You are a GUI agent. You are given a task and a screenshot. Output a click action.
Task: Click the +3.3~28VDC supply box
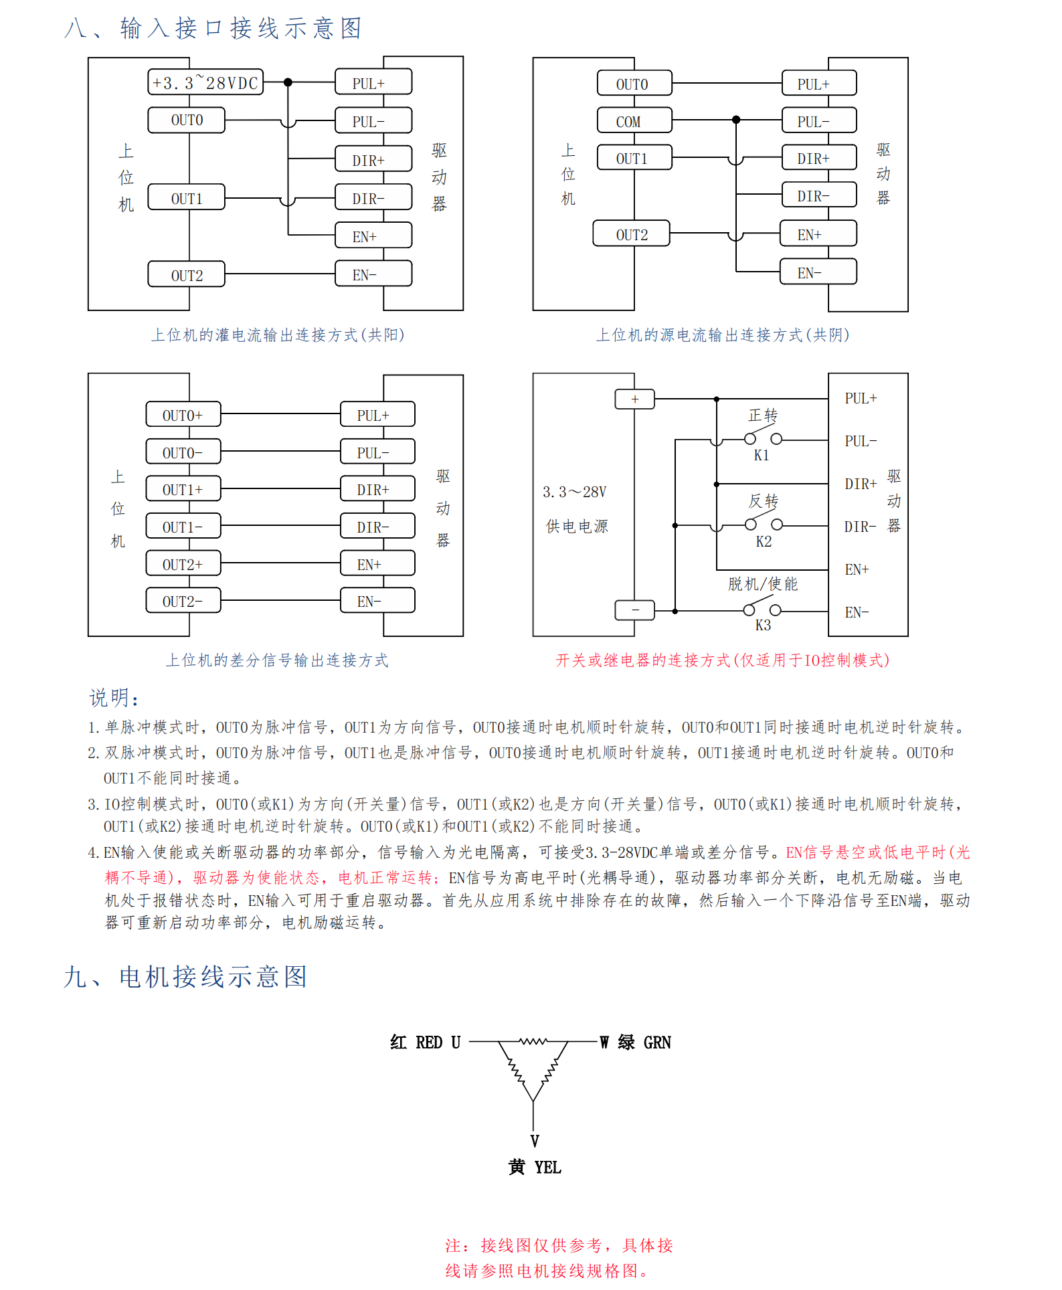coord(205,82)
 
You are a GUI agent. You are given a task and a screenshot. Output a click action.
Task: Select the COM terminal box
coord(634,121)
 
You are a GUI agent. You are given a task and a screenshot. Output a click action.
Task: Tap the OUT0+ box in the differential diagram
coord(183,415)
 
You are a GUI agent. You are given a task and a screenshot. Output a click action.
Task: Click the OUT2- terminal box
coord(183,601)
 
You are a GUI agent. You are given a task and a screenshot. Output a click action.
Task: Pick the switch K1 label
coord(762,456)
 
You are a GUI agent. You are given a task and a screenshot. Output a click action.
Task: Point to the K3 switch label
coord(763,626)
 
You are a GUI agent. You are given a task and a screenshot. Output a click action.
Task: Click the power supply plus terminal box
coord(634,399)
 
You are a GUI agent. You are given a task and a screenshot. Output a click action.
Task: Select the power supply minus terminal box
coord(634,610)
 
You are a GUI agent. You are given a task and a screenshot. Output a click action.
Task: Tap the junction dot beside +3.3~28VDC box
coord(288,82)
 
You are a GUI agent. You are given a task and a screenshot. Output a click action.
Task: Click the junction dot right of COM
coord(736,120)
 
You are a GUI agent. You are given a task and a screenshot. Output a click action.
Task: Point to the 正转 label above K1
coord(763,416)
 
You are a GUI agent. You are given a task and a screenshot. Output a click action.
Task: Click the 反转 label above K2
coord(763,501)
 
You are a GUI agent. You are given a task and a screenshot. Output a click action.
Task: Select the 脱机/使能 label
coord(763,584)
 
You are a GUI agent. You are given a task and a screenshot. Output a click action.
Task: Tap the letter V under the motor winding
coord(534,1141)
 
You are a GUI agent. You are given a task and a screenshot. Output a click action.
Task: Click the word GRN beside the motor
coord(657,1042)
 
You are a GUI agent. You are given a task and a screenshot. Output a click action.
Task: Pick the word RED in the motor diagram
coord(429,1042)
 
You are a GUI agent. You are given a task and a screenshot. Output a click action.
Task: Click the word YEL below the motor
coord(547,1168)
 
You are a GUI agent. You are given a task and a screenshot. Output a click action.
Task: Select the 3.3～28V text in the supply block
coord(574,492)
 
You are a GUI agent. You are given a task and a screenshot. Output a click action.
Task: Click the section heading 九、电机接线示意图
coord(185,977)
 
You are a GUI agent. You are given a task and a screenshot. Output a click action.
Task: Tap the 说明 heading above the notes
coord(114,698)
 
